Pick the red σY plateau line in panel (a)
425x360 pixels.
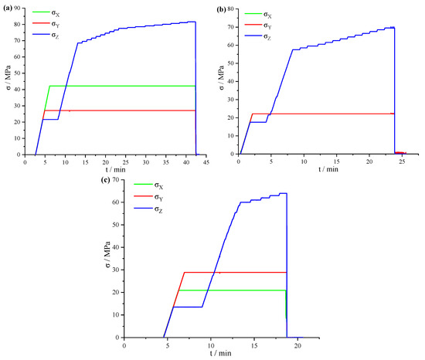(116, 110)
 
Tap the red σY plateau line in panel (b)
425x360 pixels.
(325, 114)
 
